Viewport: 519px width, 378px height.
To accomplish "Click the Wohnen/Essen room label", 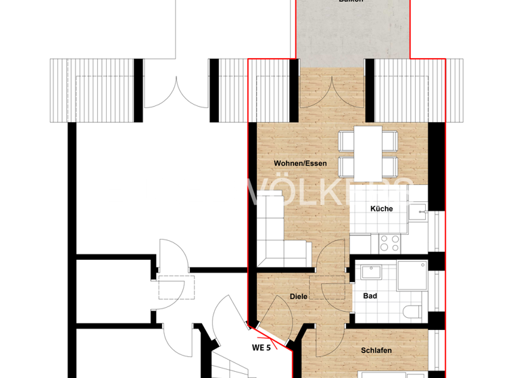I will (x=300, y=164).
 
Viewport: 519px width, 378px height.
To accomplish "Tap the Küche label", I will (x=381, y=209).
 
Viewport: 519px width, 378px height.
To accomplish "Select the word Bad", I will (x=370, y=296).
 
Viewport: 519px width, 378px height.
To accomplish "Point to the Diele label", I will (x=299, y=296).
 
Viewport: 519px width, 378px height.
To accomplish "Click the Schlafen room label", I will (x=376, y=350).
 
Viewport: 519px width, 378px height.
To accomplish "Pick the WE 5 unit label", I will (x=262, y=348).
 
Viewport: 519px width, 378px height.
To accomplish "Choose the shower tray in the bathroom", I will (x=412, y=275).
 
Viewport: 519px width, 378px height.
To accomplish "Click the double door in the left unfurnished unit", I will (x=176, y=91).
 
